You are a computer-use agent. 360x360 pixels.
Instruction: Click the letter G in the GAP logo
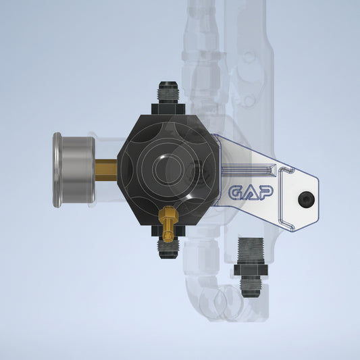click(x=236, y=192)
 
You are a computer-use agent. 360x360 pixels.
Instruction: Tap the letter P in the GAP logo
click(x=265, y=192)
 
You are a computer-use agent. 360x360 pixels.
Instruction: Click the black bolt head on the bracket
click(x=306, y=199)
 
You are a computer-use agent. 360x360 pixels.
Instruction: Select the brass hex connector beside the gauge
click(x=106, y=170)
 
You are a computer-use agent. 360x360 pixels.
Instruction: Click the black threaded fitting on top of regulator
click(x=168, y=93)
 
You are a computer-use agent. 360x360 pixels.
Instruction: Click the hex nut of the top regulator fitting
click(x=168, y=109)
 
